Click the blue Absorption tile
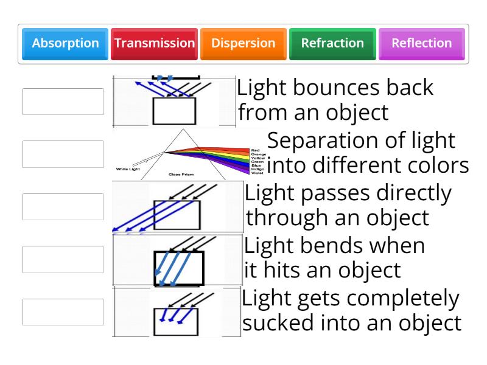65,44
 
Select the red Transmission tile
155,44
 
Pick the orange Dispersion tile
243,44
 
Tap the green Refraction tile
332,44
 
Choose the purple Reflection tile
421,44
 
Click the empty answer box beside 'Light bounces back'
63,102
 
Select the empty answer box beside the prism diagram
63,154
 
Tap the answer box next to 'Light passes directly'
63,207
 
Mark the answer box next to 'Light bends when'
63,259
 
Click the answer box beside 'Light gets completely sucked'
63,311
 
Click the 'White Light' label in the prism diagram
128,169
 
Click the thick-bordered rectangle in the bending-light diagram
178,268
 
